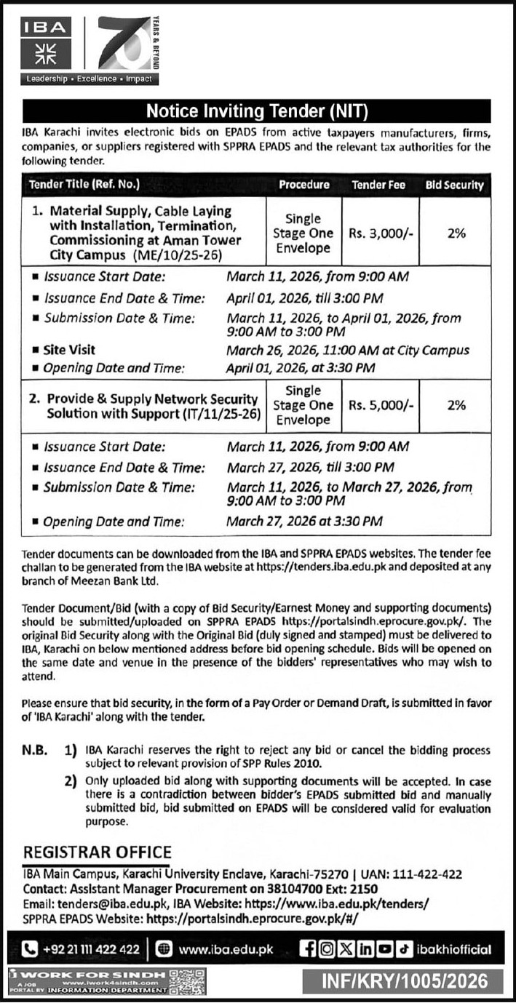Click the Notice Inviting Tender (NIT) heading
point(258,111)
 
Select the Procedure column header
point(304,185)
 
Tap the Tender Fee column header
point(378,185)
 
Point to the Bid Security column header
point(455,185)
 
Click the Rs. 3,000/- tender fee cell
point(378,233)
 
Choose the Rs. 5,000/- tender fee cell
point(378,405)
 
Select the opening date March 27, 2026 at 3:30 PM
point(304,521)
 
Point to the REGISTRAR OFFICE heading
point(98,852)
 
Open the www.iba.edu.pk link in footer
point(226,948)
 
